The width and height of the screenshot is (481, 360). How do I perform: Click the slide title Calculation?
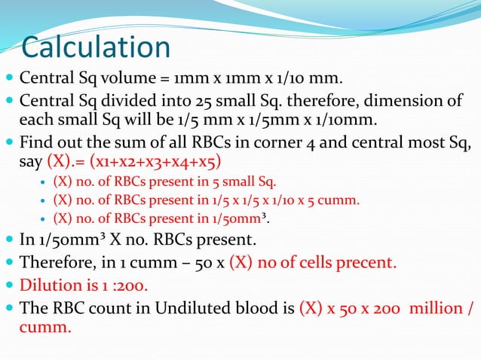click(x=96, y=47)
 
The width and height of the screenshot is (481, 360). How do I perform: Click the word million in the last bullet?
click(x=431, y=307)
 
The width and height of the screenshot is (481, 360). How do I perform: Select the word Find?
click(x=35, y=142)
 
